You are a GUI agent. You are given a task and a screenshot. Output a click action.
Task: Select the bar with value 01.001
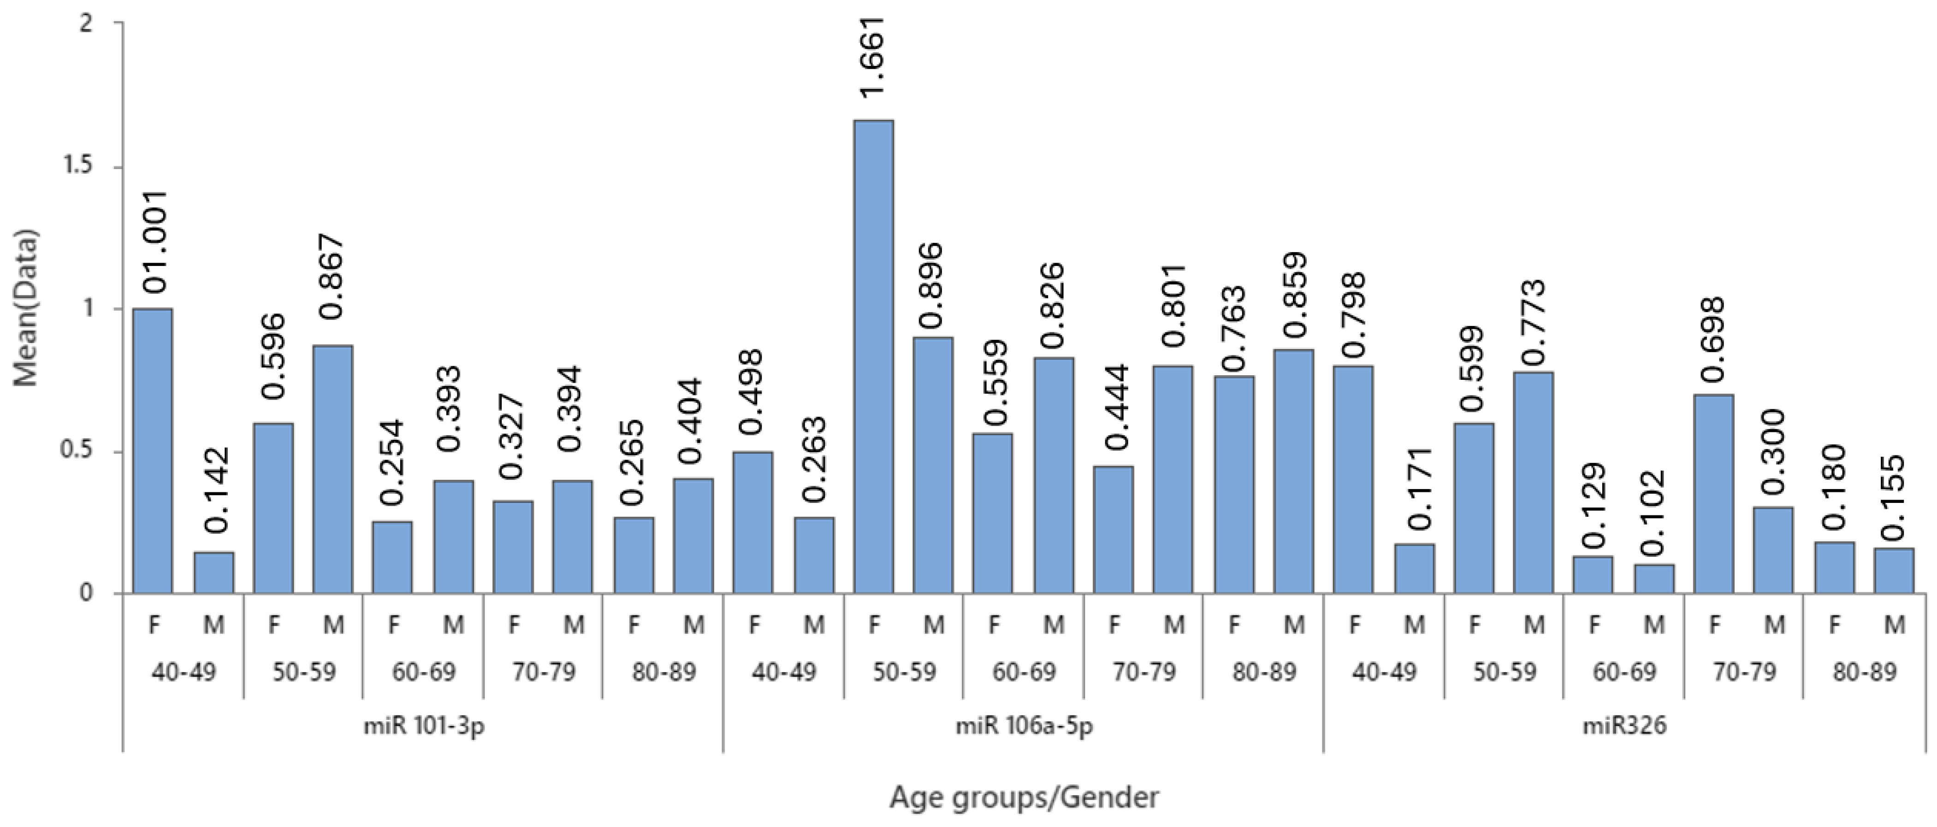[x=153, y=451]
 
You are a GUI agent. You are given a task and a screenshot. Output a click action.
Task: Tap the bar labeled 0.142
[x=213, y=573]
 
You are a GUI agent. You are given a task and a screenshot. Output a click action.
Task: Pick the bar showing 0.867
[x=332, y=470]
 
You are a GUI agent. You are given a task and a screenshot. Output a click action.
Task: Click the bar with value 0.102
[x=1654, y=579]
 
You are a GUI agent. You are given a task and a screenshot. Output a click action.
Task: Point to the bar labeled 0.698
[x=1714, y=494]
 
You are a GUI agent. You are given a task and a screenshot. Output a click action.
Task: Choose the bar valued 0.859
[x=1293, y=472]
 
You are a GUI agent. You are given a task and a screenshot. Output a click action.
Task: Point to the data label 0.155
[x=1893, y=498]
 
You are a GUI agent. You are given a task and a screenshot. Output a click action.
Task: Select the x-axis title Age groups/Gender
[x=1024, y=797]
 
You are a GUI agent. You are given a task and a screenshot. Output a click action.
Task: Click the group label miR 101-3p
[x=424, y=726]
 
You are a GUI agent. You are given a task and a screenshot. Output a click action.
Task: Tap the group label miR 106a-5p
[x=1024, y=726]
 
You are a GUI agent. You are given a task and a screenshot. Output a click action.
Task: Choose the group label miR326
[x=1624, y=726]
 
